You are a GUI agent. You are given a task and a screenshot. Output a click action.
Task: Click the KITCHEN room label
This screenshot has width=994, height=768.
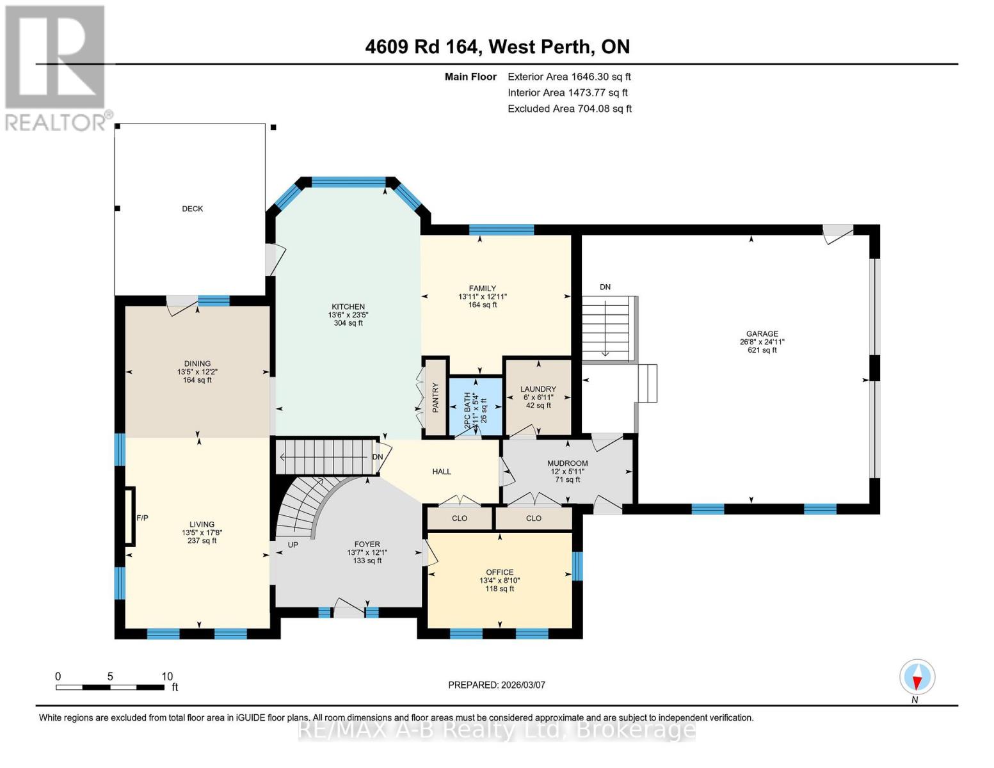click(x=348, y=307)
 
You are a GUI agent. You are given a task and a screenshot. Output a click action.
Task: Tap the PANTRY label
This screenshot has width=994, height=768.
click(x=435, y=397)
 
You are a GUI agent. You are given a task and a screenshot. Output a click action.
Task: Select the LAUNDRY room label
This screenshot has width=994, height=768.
click(x=538, y=389)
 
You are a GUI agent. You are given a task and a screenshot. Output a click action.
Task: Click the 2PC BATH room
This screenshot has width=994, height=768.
click(x=475, y=406)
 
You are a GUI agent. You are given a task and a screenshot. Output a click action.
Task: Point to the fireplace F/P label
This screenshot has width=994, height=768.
click(x=142, y=518)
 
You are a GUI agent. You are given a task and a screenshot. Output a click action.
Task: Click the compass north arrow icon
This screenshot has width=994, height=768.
click(x=917, y=677)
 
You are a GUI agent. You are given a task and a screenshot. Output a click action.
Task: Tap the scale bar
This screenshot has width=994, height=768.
click(x=109, y=687)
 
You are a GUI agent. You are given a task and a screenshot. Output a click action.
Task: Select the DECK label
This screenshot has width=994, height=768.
click(x=192, y=209)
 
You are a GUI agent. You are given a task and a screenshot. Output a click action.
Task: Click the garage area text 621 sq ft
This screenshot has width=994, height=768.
click(x=762, y=350)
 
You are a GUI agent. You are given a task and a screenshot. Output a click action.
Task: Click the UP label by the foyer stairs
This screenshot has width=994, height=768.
click(x=293, y=545)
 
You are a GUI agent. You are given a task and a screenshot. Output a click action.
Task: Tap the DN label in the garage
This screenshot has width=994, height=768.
click(x=605, y=287)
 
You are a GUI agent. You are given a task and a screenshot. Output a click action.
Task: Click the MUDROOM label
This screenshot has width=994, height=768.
click(x=567, y=463)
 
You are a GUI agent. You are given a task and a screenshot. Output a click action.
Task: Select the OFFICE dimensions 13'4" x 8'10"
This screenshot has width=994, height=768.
click(x=499, y=580)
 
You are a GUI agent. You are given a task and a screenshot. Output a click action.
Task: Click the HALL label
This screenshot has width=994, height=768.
click(x=441, y=472)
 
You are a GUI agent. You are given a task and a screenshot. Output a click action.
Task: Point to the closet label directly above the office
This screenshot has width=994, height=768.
click(x=460, y=518)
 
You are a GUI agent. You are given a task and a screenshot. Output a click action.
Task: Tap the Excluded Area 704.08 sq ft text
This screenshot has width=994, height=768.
click(x=569, y=109)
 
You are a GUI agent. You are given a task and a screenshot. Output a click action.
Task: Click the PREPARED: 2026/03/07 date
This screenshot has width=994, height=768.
click(x=496, y=685)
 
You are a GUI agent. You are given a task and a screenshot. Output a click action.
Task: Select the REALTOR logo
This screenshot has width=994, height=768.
click(x=56, y=67)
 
